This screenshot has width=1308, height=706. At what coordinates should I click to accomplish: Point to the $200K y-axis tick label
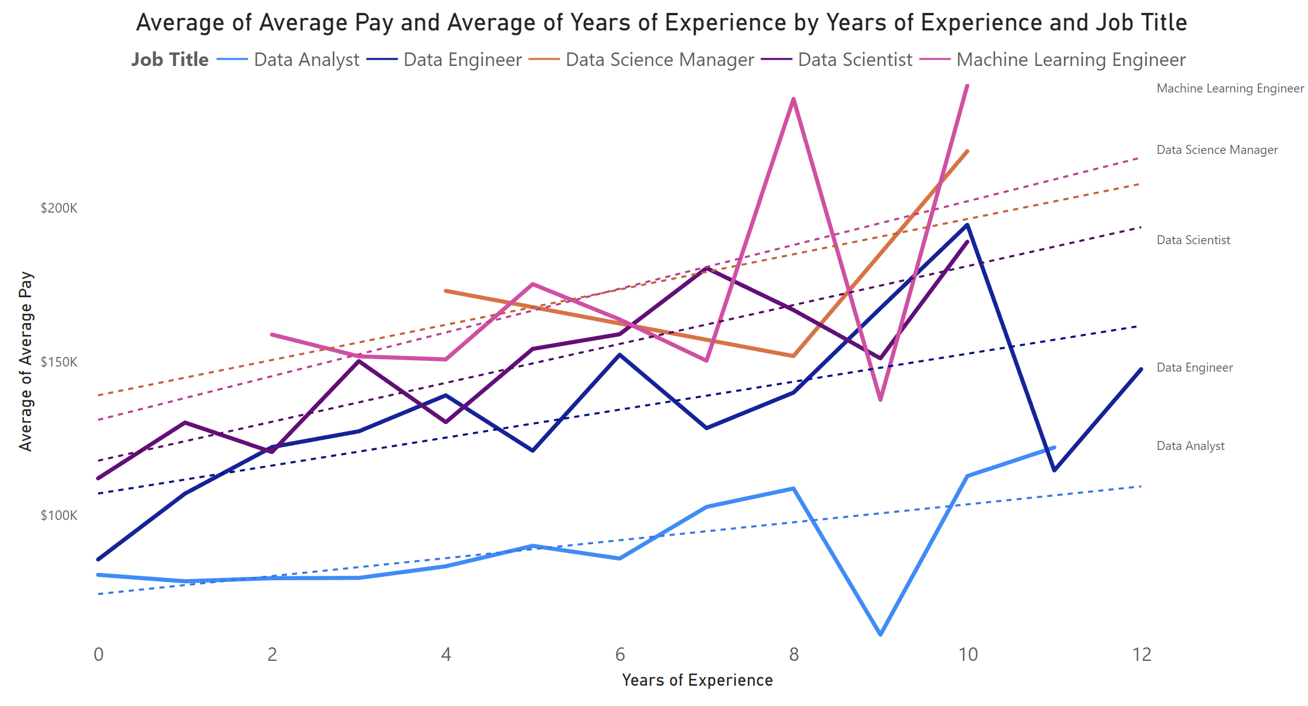59,208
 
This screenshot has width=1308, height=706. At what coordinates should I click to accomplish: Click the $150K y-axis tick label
59,362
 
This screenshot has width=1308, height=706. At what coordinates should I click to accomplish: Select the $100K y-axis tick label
59,515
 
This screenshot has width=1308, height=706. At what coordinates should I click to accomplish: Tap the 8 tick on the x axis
794,655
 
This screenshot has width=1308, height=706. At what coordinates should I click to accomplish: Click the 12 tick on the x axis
1142,655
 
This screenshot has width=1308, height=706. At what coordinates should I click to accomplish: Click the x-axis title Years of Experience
697,680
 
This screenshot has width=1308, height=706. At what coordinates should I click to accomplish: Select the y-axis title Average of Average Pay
26,361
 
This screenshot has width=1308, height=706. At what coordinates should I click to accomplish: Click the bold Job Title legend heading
170,60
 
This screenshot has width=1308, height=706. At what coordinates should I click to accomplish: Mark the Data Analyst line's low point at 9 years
881,634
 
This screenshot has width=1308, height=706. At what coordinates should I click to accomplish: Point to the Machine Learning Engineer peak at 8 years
794,99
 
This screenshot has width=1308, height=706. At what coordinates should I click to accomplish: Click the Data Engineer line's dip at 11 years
1054,470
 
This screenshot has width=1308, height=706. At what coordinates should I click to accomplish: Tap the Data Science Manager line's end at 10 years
967,151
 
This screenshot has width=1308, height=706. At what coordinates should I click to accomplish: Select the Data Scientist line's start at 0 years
99,479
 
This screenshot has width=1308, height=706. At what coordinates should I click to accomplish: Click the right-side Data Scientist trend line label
1193,240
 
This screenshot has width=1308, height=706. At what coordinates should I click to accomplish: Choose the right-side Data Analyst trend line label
1190,446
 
